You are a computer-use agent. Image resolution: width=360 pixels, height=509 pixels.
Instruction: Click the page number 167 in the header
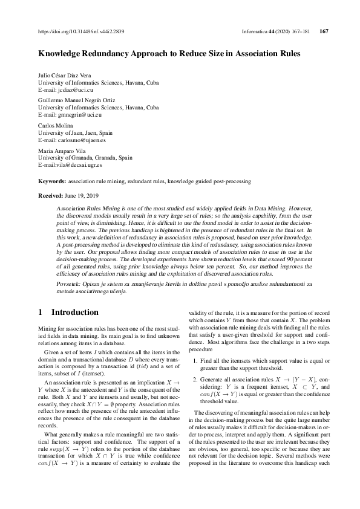(323, 31)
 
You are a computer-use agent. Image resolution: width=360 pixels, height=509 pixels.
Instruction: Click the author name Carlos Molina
(56, 126)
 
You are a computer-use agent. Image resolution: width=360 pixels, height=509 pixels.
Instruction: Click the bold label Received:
(51, 196)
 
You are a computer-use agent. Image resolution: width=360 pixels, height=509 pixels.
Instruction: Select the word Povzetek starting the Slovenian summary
(69, 284)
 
